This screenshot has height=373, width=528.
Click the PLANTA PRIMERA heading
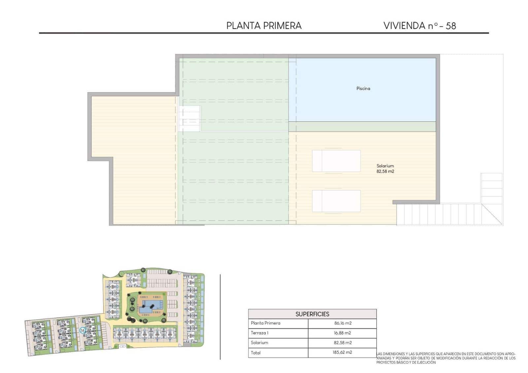[264, 26]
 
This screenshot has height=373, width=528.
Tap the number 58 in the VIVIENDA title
[450, 26]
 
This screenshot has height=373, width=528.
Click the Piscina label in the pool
[363, 88]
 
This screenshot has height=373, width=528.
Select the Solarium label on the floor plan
[385, 166]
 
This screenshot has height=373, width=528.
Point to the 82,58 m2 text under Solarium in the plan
[385, 171]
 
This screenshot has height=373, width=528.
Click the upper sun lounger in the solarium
[336, 161]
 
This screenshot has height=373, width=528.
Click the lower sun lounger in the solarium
[336, 201]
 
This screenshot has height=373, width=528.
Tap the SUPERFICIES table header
[312, 314]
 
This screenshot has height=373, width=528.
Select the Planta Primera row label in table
[265, 323]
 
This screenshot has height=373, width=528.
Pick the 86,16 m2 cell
[343, 323]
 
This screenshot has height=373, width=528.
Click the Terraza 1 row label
[259, 333]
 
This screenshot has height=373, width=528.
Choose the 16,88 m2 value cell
[343, 333]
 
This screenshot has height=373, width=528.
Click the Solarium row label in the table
[259, 343]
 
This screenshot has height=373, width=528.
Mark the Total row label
[255, 353]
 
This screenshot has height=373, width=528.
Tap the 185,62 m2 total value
[343, 353]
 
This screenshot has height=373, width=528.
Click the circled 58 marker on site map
[82, 330]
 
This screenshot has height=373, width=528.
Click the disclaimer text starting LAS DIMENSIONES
[445, 358]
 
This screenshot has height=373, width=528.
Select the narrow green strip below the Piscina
[362, 127]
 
